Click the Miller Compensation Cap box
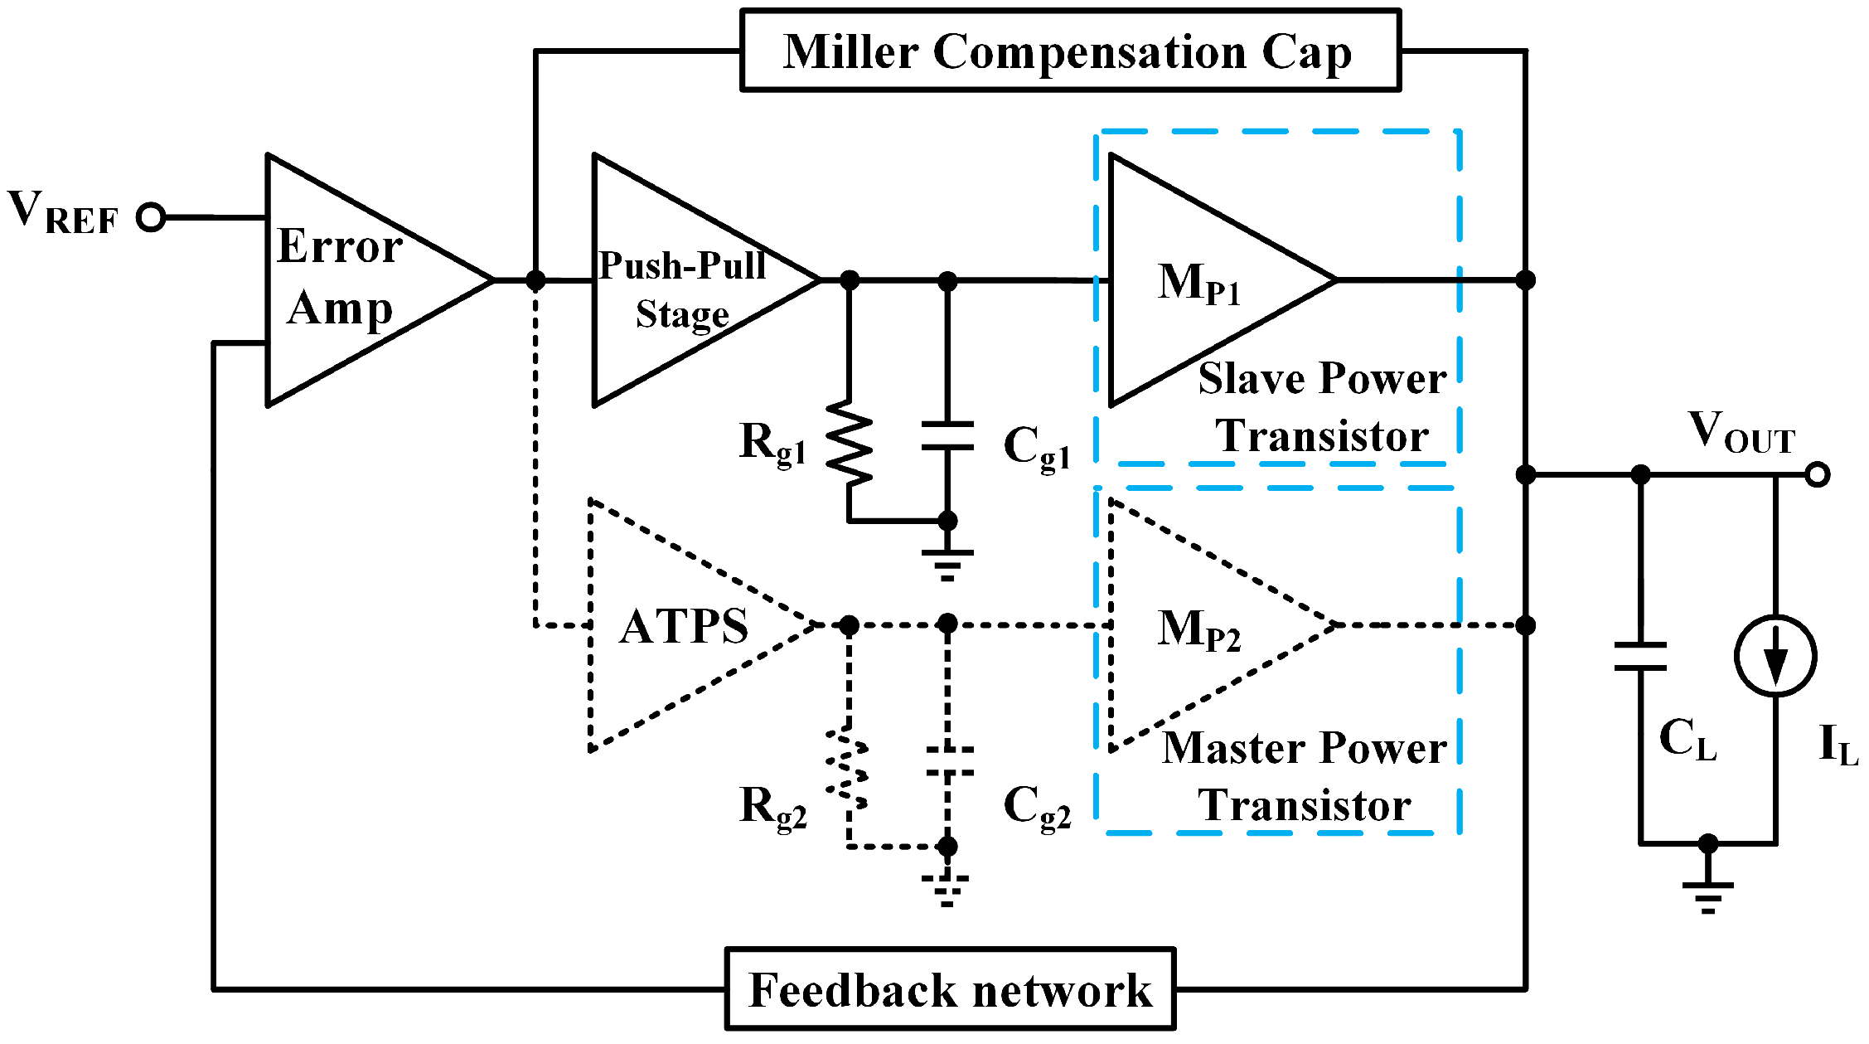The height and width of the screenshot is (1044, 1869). click(1070, 51)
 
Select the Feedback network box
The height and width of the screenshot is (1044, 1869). click(950, 989)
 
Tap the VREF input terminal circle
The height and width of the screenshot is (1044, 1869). click(151, 217)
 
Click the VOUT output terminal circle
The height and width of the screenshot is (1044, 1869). click(1817, 474)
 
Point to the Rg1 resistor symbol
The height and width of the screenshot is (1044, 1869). click(850, 444)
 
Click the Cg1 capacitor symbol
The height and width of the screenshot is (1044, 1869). click(947, 436)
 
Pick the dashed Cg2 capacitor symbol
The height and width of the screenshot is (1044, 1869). click(948, 761)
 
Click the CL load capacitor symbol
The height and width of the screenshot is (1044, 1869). click(1640, 656)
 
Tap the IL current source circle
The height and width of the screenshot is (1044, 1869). click(1775, 656)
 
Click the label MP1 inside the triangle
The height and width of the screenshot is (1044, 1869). click(1198, 284)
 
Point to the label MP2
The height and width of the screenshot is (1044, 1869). click(1198, 629)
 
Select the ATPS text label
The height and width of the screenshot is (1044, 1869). click(684, 626)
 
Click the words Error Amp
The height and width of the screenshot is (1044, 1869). click(340, 278)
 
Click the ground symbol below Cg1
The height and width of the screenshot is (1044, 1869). click(947, 565)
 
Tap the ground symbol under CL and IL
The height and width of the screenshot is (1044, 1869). click(1707, 896)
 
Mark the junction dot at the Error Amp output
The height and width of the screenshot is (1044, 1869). click(535, 280)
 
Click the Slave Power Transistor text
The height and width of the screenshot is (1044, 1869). click(1322, 407)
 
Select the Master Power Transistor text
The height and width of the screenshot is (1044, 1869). click(1305, 776)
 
